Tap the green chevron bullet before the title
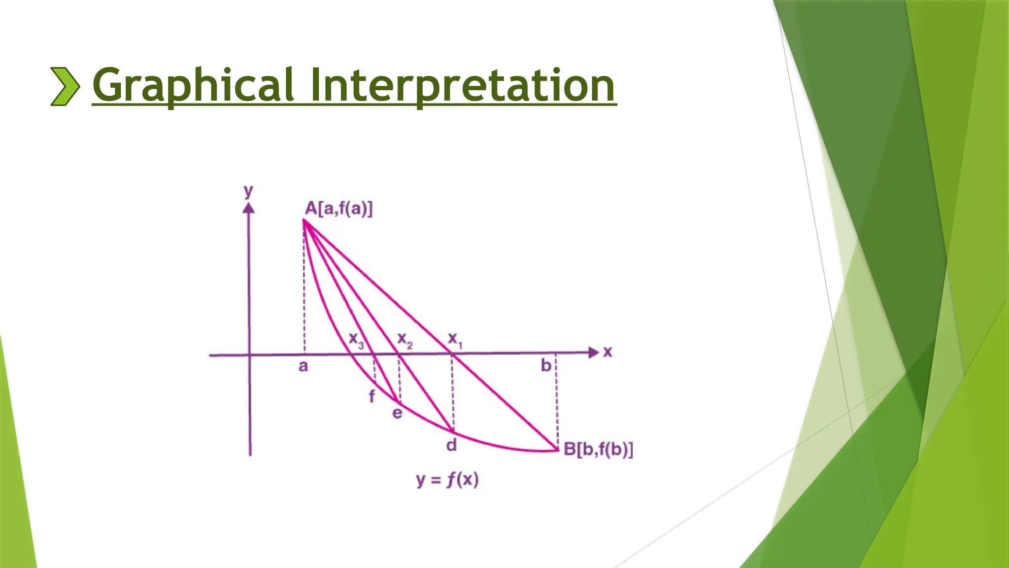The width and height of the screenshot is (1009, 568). pos(65,86)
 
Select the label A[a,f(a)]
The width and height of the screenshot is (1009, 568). pos(339,209)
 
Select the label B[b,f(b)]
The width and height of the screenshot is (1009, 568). pos(598,449)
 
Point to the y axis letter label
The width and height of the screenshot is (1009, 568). pos(248,191)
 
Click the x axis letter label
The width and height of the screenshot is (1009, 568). pos(607,352)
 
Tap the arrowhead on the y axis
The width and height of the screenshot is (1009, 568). pos(249,209)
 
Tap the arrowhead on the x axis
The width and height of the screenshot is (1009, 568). pos(594,353)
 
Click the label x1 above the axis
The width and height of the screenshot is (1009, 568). pos(454,339)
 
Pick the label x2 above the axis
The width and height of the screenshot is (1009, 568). pos(404,340)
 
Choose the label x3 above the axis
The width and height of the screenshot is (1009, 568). pos(356,340)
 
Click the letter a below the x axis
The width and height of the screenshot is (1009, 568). pos(303,366)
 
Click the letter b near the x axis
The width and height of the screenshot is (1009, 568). pos(546,365)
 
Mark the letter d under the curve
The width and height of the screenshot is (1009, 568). pos(451,445)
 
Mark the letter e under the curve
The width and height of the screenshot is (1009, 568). pos(397,413)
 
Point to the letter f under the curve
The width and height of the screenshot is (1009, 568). pos(372,396)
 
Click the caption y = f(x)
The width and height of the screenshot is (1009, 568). pos(447,480)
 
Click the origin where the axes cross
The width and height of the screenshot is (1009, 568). pos(250,355)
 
